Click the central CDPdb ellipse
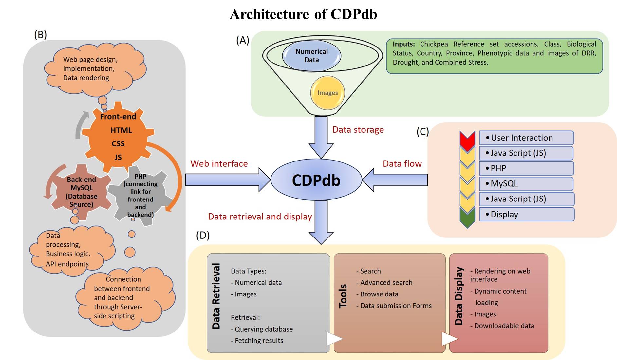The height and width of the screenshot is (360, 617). [316, 180]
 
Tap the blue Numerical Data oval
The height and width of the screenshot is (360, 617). [311, 56]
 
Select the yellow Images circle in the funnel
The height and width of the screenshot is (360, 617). [327, 93]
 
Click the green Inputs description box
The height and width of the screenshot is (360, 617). [494, 56]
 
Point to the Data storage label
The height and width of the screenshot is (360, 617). [358, 130]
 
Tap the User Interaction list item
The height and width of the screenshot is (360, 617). [526, 138]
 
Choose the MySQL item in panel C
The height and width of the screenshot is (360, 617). [526, 184]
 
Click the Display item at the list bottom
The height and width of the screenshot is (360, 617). [526, 214]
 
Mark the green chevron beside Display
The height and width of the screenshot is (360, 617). [467, 218]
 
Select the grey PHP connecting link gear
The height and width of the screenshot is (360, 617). [140, 195]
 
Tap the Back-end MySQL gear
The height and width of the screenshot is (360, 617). [81, 192]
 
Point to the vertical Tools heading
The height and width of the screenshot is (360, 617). [343, 296]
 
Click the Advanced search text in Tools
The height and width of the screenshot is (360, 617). [386, 282]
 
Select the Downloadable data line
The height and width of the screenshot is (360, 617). [504, 326]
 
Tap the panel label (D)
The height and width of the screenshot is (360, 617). [203, 235]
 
